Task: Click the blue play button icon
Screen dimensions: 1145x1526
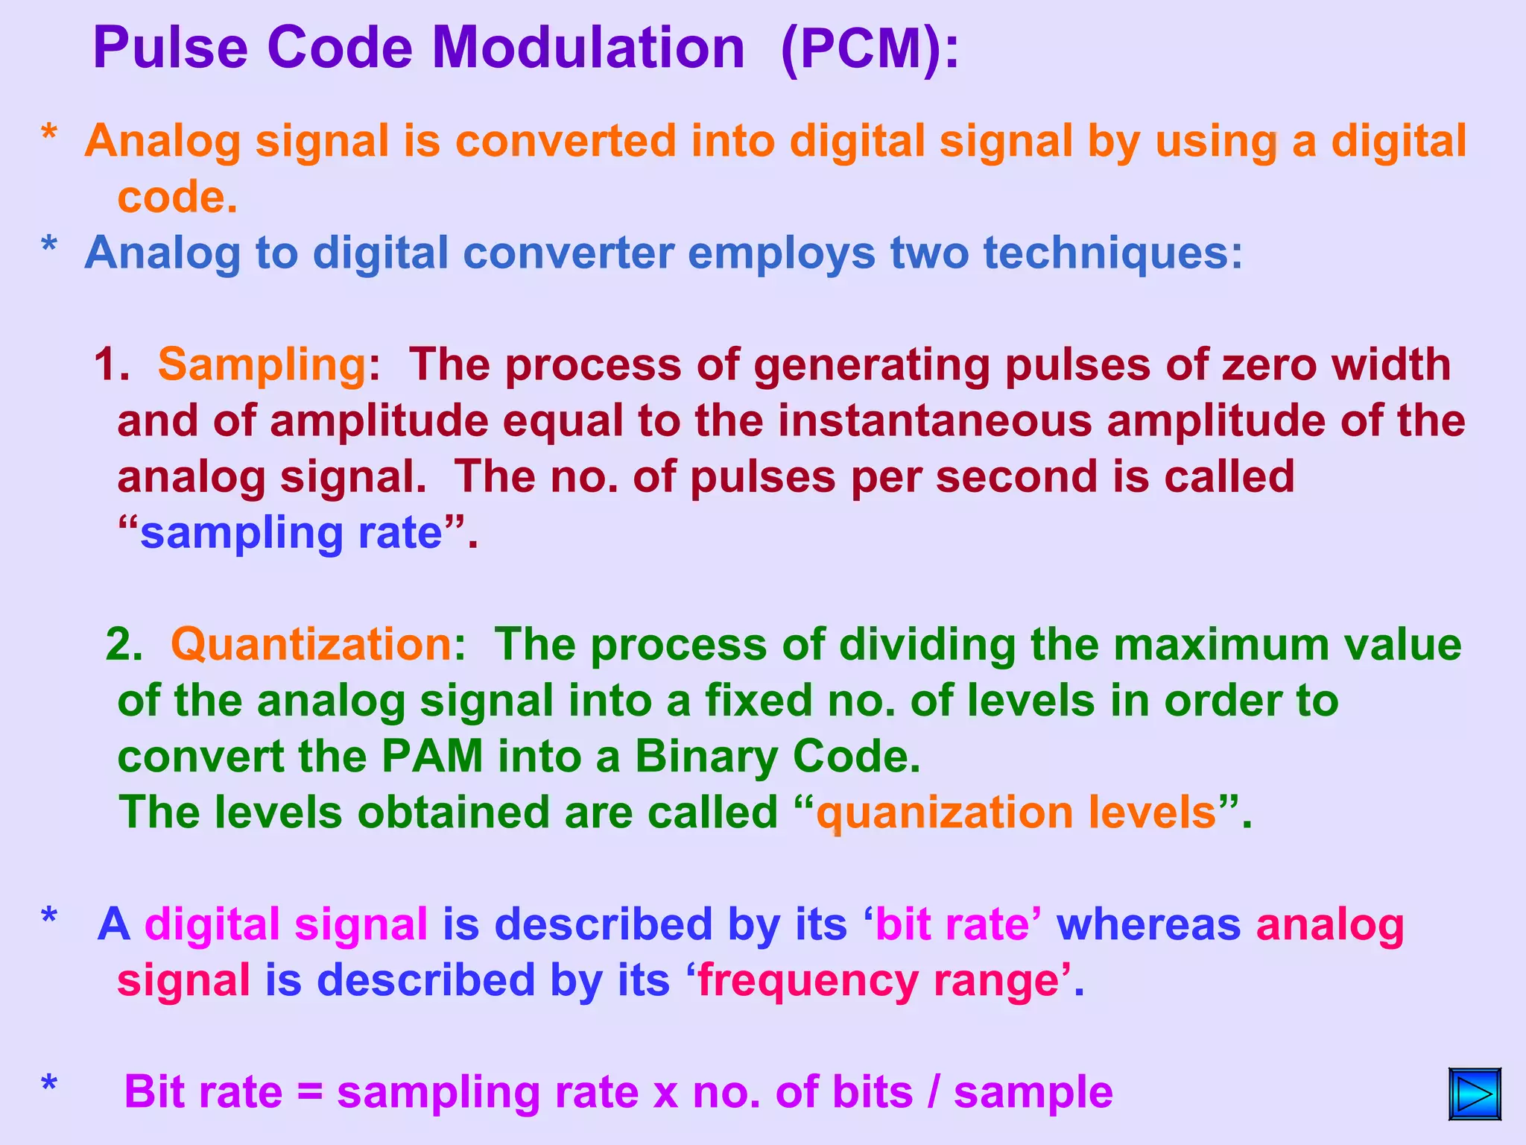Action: coord(1475,1094)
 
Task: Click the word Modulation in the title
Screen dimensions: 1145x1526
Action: coord(589,48)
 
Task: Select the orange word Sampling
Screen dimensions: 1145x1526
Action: coord(261,365)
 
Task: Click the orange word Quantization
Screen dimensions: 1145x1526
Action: coord(311,644)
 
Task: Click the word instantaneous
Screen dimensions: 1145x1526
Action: coord(934,420)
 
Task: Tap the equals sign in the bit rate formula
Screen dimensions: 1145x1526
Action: coord(310,1093)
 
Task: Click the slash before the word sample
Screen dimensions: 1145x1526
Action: coord(934,1093)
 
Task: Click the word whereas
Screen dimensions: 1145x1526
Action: coord(1148,924)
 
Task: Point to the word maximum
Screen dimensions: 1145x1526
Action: coord(1221,644)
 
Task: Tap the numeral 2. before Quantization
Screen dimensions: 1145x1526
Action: coord(124,644)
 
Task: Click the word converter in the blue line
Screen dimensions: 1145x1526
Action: coord(569,253)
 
